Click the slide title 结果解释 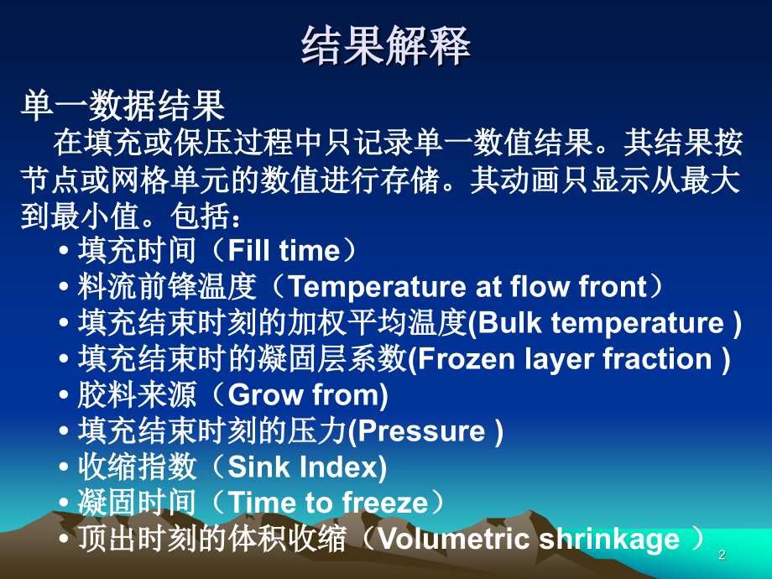coord(386,46)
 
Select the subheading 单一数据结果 coord(123,106)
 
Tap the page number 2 coord(722,555)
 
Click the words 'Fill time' coord(284,250)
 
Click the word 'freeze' coord(385,503)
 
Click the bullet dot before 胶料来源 coord(64,395)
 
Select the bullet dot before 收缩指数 coord(64,467)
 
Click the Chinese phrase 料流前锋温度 coord(167,287)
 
